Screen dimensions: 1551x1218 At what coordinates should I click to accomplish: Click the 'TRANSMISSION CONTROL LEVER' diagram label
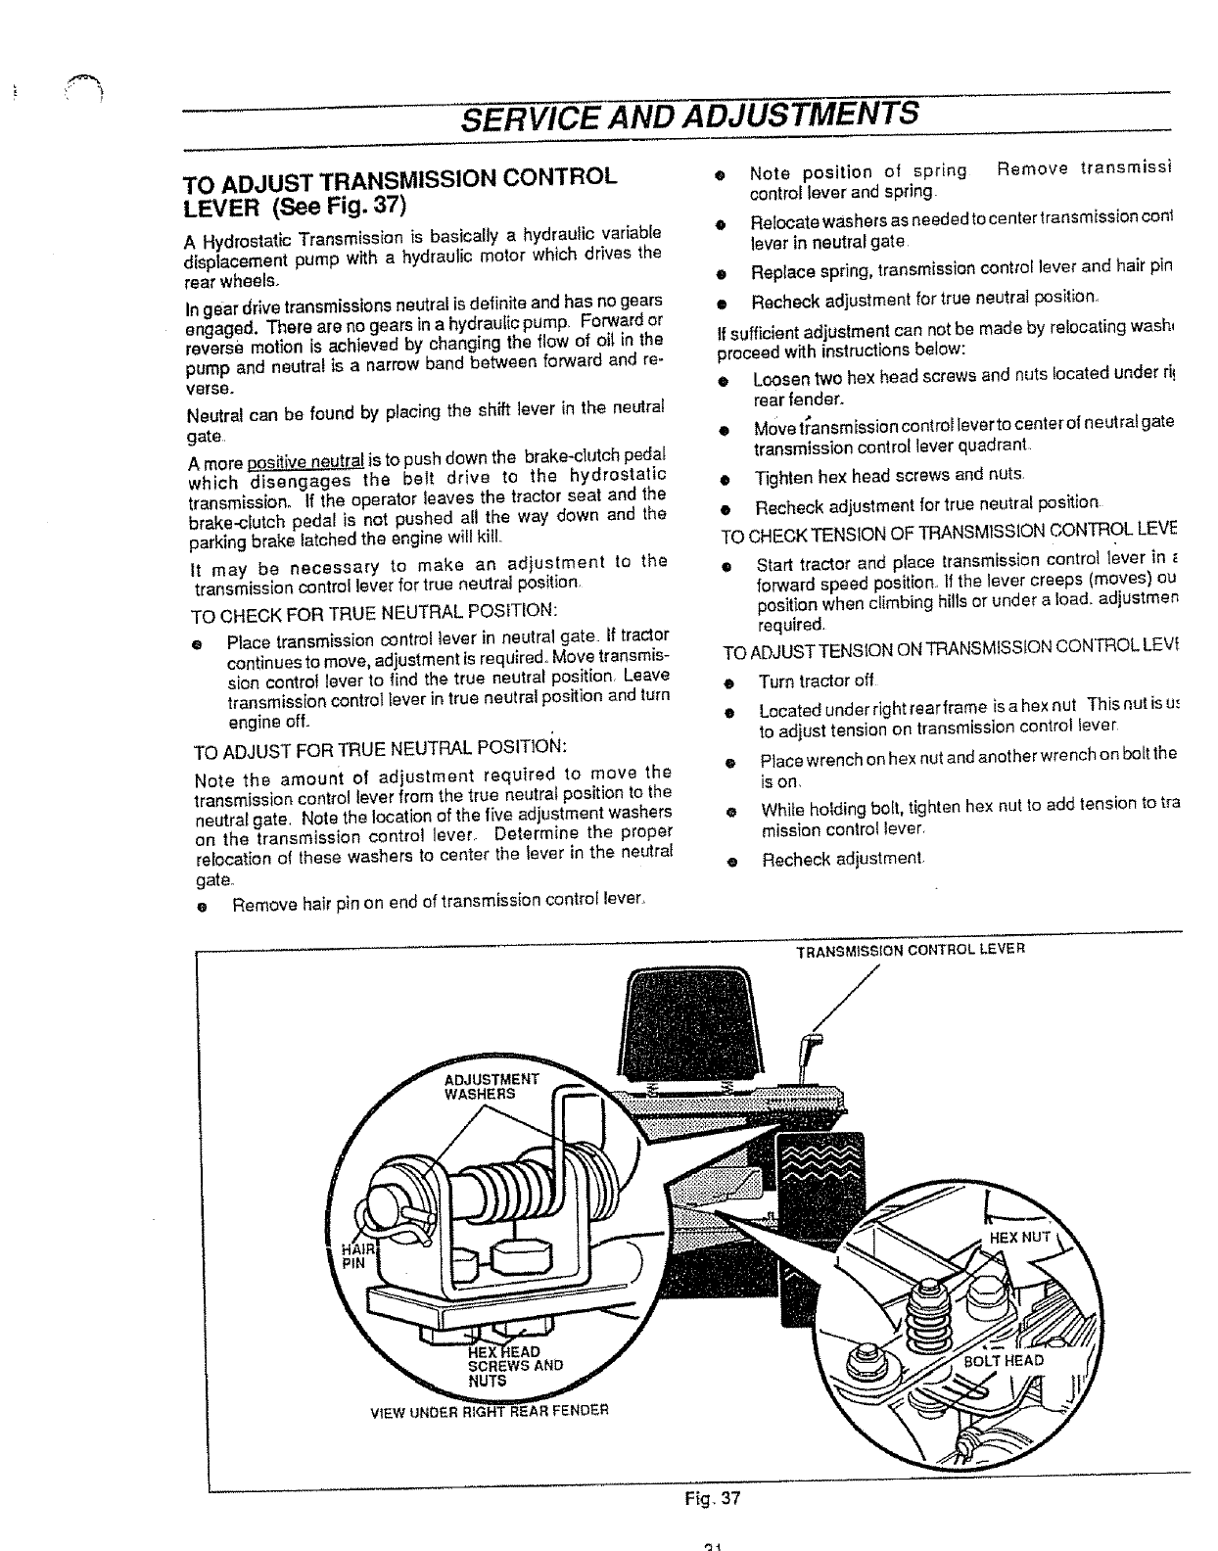coord(910,950)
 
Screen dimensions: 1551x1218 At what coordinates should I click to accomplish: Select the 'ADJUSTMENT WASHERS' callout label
coord(491,1086)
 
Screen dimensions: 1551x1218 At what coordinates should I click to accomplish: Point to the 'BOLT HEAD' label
coord(1004,1360)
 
